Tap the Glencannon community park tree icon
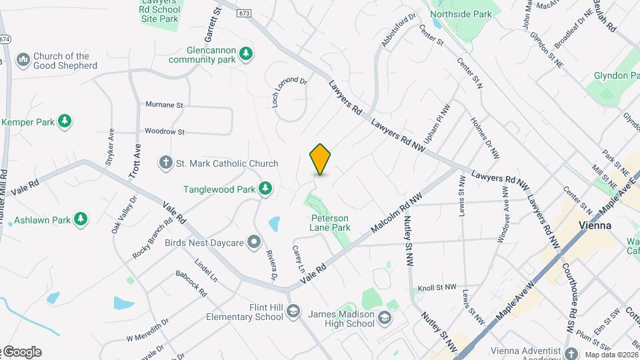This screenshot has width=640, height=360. coord(247,53)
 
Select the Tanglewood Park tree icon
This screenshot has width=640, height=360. coord(266,189)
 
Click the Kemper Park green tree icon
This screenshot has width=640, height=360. coord(65,121)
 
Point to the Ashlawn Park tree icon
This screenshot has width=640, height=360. coord(81,219)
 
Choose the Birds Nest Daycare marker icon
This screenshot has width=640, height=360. coord(253,241)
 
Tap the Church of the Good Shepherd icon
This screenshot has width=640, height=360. coord(23,61)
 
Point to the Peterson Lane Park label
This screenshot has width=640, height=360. coord(330,223)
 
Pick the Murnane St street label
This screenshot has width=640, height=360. coord(164,105)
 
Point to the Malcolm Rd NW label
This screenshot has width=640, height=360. coord(397,218)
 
